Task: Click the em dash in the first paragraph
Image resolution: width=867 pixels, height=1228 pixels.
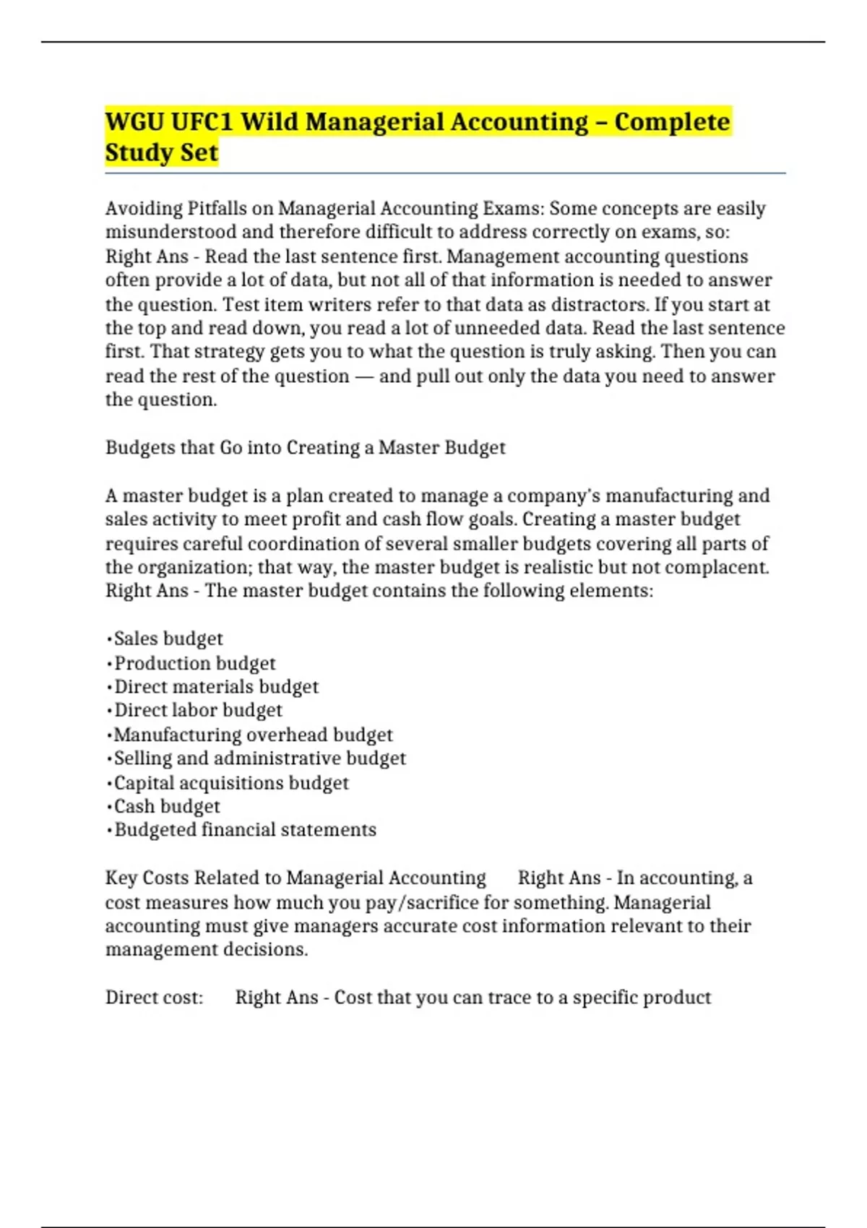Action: tap(364, 376)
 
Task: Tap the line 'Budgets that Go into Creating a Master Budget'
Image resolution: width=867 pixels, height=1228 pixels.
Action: tap(305, 448)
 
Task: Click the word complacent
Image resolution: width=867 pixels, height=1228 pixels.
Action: tap(716, 567)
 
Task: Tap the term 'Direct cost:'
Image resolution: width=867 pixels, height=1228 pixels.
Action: tap(154, 998)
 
